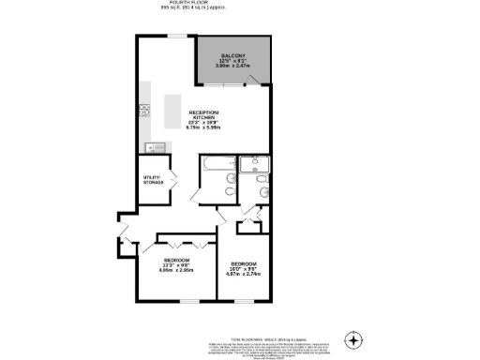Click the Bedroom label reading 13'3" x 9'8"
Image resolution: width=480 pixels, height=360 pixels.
[176, 260]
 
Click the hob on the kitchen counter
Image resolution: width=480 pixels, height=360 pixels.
[146, 110]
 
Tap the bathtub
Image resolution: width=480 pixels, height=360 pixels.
[215, 170]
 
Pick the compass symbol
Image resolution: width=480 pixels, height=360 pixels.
[352, 338]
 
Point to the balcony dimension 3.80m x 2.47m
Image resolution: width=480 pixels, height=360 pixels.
[232, 67]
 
